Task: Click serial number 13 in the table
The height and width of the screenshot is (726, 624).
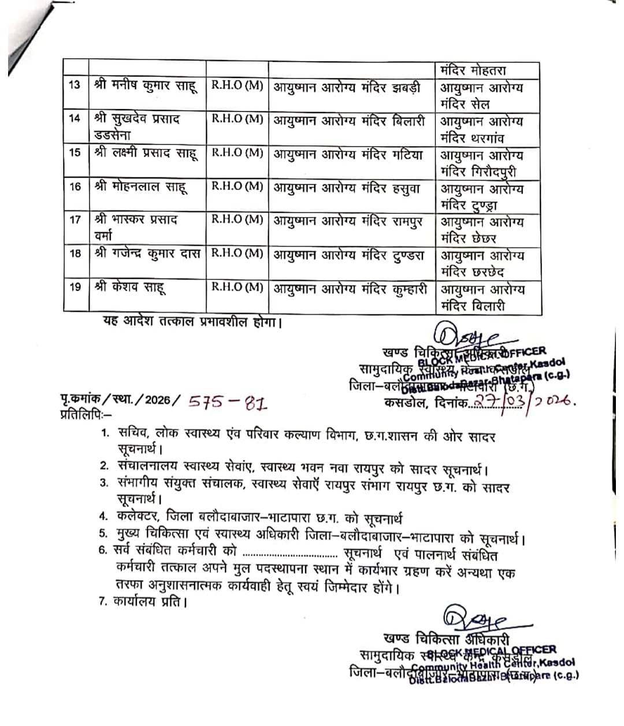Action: click(x=75, y=86)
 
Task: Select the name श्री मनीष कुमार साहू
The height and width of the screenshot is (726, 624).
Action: click(x=146, y=86)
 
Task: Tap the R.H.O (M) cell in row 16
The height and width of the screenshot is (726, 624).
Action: click(x=237, y=187)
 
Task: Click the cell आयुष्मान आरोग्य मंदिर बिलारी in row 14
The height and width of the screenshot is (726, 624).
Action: click(x=349, y=121)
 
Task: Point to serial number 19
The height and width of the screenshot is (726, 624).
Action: click(x=75, y=287)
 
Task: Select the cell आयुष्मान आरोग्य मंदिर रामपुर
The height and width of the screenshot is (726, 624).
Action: click(x=348, y=221)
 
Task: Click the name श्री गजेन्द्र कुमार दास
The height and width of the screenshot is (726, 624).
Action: click(x=147, y=254)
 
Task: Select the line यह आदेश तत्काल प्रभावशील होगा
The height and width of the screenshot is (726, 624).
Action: click(x=192, y=322)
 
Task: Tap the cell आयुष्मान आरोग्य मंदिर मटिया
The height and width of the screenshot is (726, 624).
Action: click(x=348, y=154)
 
